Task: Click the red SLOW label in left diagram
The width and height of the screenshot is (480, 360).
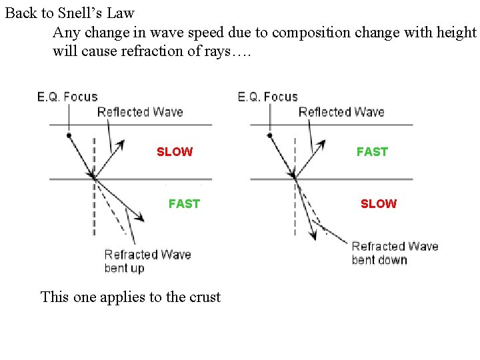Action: click(174, 152)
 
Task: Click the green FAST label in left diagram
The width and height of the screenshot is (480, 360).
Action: click(184, 204)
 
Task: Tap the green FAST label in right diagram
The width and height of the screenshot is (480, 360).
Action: click(371, 152)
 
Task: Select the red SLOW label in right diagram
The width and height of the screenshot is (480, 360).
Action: click(378, 204)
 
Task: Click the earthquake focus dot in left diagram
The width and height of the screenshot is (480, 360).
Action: click(69, 135)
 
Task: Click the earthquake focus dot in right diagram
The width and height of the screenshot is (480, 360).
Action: click(269, 135)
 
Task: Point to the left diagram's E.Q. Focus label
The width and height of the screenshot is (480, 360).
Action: click(67, 97)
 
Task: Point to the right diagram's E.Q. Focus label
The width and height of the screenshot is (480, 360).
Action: click(267, 97)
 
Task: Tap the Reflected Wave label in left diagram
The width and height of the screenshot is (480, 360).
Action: click(140, 112)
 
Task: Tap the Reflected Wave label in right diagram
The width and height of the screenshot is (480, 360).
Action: click(341, 112)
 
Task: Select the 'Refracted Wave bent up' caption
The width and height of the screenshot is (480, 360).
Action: click(147, 261)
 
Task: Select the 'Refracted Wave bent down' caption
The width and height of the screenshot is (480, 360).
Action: click(395, 253)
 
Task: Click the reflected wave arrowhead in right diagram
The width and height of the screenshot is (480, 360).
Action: click(323, 143)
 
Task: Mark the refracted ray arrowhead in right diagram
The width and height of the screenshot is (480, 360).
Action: click(313, 235)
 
